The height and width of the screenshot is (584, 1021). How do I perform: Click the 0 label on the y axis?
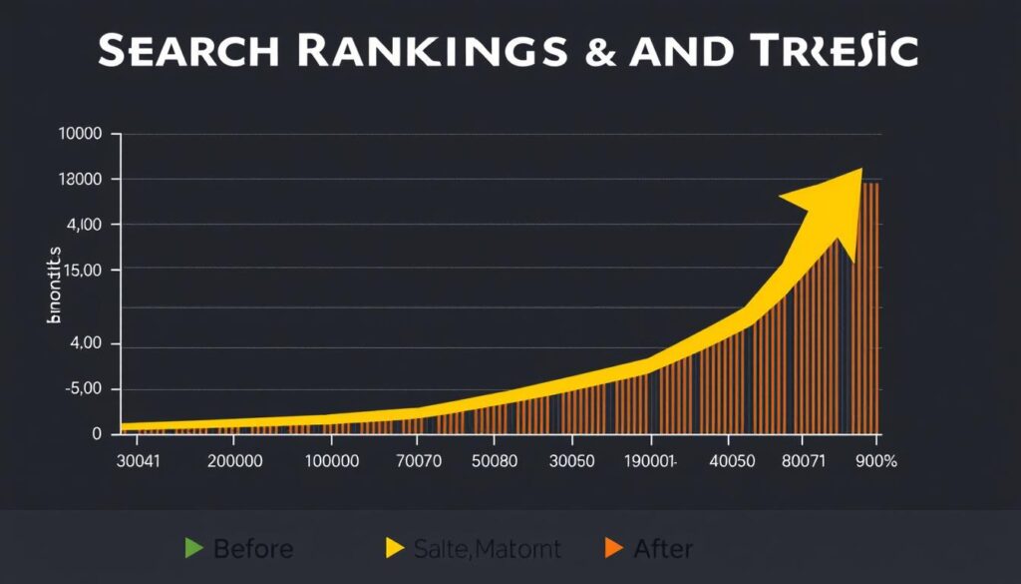96,434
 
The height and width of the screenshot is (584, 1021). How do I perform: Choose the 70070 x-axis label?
423,462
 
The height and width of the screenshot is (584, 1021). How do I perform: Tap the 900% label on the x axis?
875,462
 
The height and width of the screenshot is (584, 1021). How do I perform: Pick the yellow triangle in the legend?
394,547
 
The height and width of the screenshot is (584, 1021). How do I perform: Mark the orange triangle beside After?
613,547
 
